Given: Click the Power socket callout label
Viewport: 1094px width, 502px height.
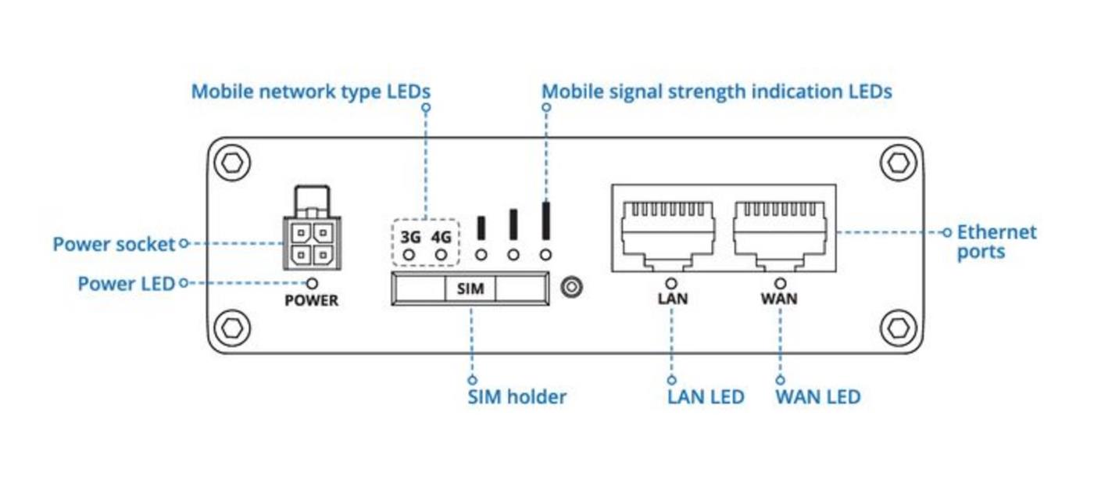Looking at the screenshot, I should pos(114,244).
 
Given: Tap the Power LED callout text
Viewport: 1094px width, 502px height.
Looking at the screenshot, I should pos(126,283).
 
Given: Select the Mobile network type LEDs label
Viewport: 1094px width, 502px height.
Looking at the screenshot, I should pos(311,91).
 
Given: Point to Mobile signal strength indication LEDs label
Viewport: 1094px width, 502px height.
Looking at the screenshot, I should pos(717,91).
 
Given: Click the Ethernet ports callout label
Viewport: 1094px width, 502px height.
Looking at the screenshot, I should pos(996,242).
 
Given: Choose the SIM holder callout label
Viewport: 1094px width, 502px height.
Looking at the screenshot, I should pos(517,396).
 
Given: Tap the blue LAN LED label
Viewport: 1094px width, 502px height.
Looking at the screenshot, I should pos(706,396).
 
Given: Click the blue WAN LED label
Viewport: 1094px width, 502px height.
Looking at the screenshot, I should pos(817,396).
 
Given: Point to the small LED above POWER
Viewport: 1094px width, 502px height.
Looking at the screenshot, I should pos(312,283).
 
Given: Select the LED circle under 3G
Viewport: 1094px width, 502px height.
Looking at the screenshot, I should pos(408,255).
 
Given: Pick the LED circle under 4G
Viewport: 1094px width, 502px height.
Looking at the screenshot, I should pos(442,255).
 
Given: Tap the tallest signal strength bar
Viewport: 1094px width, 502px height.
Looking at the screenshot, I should pos(546,220).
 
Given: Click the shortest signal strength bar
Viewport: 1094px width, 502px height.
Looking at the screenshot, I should pos(481,227).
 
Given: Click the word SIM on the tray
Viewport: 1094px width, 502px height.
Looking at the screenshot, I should pos(470,289).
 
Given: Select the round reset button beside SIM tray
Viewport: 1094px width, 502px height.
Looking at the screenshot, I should pos(572,288).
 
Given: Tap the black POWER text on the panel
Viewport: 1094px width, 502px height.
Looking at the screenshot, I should pos(311,300).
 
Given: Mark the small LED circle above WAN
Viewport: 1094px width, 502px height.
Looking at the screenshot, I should pos(779,283).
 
